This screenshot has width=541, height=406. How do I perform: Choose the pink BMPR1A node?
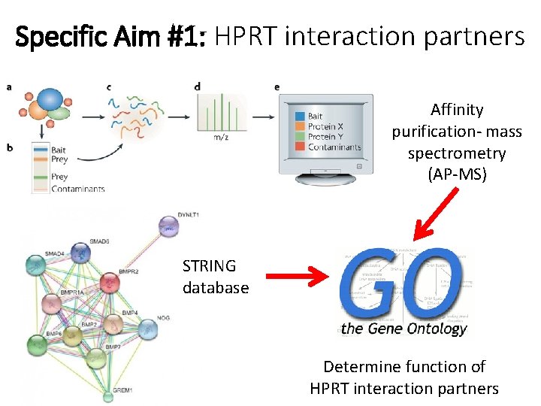(51, 303)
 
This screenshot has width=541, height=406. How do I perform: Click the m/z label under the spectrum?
(222, 136)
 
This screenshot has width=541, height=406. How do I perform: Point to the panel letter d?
(197, 87)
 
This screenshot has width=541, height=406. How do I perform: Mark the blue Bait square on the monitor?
(301, 116)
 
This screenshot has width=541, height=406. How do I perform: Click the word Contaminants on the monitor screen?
(334, 147)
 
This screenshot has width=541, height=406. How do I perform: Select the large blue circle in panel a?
(50, 99)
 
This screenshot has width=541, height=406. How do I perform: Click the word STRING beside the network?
(209, 266)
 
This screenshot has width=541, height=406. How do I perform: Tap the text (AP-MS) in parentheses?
(456, 175)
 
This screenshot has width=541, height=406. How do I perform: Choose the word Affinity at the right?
(457, 110)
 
